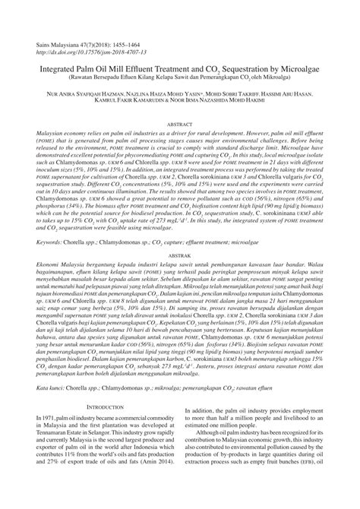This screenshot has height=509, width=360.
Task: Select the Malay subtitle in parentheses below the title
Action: coord(180,76)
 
